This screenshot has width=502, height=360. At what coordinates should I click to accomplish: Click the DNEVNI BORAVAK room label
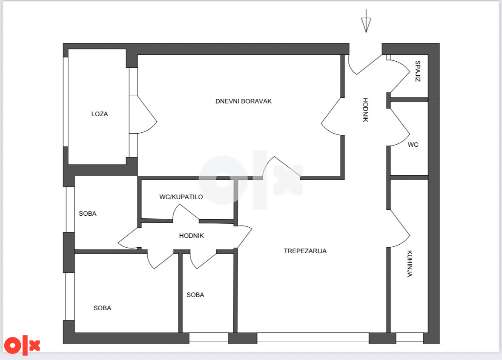coord(243,101)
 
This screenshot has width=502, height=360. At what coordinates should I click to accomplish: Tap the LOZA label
coord(100,114)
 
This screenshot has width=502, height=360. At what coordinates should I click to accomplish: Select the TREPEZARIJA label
coord(305,251)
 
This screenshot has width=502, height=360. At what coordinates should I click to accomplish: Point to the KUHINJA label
coord(410,263)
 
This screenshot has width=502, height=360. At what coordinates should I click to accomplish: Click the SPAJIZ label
coord(417,71)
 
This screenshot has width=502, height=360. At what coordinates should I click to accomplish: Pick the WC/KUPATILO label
coord(181,197)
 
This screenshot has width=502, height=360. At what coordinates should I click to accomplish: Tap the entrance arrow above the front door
coord(366,21)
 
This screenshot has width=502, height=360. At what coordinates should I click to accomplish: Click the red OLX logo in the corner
coord(22,345)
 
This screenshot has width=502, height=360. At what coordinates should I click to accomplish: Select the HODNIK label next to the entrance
coord(365,110)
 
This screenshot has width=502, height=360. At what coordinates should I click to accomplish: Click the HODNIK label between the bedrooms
coord(192,235)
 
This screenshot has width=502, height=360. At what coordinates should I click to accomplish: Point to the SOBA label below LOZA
coord(87,214)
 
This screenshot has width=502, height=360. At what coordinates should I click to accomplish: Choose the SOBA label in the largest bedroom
coord(102,308)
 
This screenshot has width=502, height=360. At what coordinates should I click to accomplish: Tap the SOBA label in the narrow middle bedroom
coord(195,295)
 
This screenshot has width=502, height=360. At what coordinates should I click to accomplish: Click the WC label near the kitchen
coord(413,145)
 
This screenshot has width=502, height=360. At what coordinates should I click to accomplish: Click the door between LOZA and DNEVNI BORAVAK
coord(143,114)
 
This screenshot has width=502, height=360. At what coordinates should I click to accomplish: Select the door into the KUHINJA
coord(398,229)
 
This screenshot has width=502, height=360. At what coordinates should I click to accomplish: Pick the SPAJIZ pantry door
coord(398,74)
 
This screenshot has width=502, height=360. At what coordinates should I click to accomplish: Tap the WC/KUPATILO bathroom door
coord(186,212)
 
